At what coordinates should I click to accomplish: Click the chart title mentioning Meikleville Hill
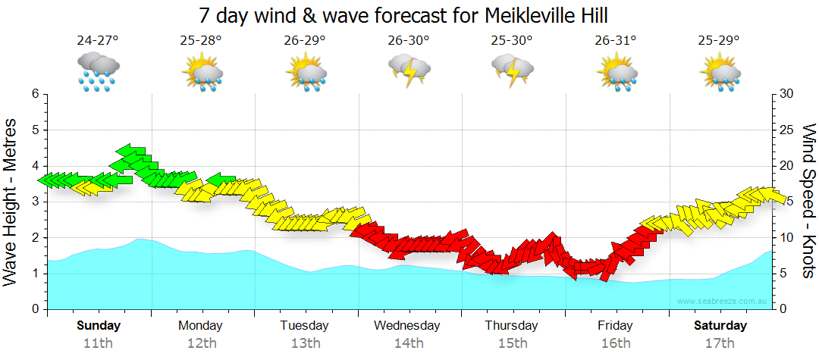[x=403, y=16]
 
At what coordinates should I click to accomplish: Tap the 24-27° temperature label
[x=98, y=41]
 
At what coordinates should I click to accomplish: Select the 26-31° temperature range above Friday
[x=616, y=41]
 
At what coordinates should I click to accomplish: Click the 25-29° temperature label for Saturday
[x=719, y=41]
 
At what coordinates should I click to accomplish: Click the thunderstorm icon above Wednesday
[x=409, y=72]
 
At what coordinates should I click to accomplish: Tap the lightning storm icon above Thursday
[x=512, y=72]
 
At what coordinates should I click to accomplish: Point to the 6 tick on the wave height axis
[x=35, y=94]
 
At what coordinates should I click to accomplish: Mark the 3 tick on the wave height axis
[x=35, y=202]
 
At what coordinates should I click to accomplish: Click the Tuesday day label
[x=305, y=326]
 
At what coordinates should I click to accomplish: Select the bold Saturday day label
[x=720, y=326]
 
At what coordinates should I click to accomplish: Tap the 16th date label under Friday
[x=615, y=343]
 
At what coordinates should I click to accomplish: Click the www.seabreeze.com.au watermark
[x=723, y=302]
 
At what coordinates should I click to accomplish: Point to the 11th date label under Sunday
[x=98, y=343]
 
